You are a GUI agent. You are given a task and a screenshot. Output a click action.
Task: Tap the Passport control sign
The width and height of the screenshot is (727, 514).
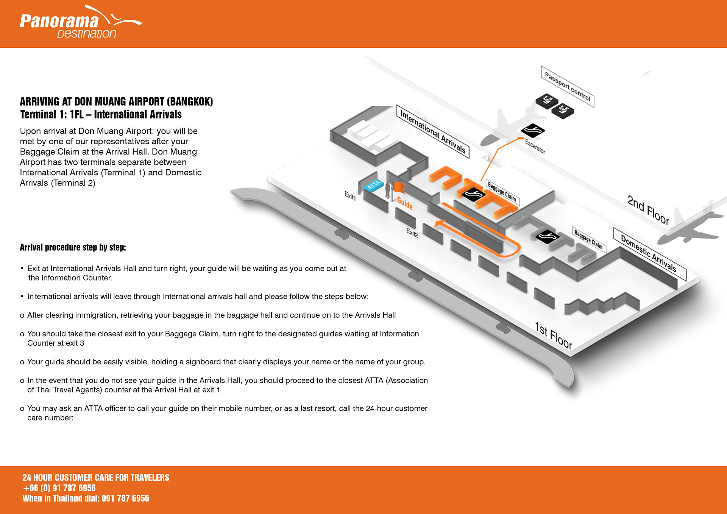pyautogui.click(x=567, y=86)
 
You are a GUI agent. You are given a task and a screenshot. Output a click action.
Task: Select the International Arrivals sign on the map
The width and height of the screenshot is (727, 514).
pyautogui.click(x=432, y=131)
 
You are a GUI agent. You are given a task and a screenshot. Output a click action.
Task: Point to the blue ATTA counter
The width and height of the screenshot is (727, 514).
pyautogui.click(x=374, y=186)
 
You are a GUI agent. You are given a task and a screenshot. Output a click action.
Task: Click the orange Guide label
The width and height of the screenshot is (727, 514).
pyautogui.click(x=405, y=203)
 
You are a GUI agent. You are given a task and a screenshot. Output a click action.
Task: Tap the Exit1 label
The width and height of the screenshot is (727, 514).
pyautogui.click(x=350, y=196)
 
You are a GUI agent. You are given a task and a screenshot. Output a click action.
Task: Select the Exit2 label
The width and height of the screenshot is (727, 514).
pyautogui.click(x=412, y=232)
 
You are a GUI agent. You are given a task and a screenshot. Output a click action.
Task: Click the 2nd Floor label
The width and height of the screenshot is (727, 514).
pyautogui.click(x=648, y=210)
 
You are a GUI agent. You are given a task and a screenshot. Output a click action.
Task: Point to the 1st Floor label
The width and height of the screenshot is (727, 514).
pyautogui.click(x=553, y=335)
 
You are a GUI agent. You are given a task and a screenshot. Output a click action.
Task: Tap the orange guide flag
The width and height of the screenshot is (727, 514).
pyautogui.click(x=399, y=187)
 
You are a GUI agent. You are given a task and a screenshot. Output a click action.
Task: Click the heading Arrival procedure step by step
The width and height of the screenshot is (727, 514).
pyautogui.click(x=73, y=247)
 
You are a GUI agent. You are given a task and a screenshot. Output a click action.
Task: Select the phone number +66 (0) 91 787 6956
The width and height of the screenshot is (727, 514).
pyautogui.click(x=59, y=488)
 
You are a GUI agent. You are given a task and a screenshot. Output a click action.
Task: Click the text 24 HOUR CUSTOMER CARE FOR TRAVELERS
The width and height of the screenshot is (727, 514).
pyautogui.click(x=96, y=478)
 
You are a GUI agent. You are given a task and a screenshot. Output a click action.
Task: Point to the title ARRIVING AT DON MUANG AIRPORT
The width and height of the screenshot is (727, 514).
pyautogui.click(x=116, y=102)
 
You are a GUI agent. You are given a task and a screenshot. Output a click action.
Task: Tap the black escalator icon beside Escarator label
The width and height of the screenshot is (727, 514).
pyautogui.click(x=533, y=131)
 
